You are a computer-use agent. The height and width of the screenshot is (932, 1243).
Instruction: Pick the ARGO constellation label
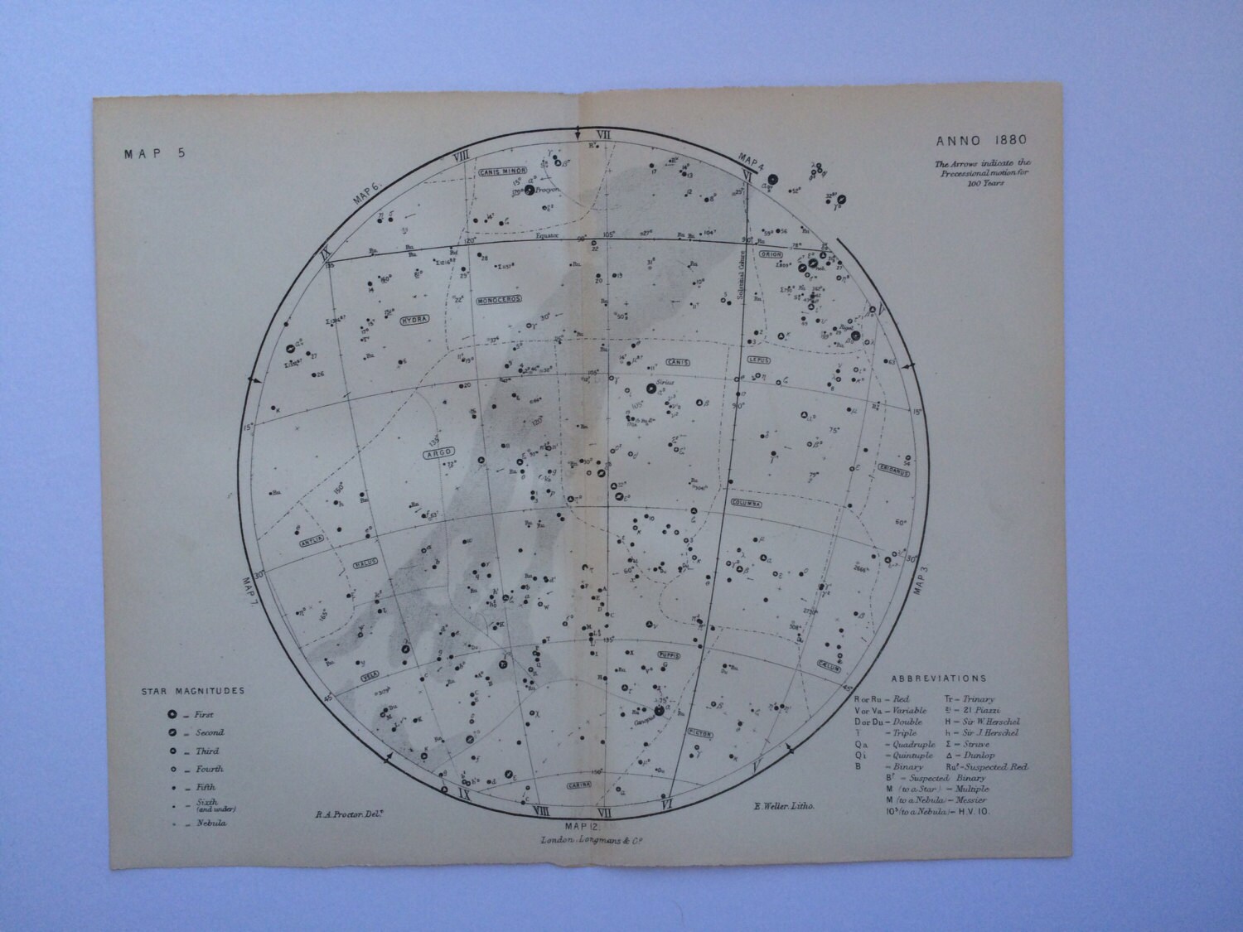pyautogui.click(x=438, y=452)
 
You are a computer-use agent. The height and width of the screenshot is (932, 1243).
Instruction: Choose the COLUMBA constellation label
pyautogui.click(x=746, y=502)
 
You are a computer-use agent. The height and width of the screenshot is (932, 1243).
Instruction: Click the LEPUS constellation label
pyautogui.click(x=757, y=360)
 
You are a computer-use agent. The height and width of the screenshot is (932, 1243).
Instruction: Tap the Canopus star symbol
pyautogui.click(x=660, y=710)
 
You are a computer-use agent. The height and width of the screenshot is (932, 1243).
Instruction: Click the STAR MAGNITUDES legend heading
pyautogui.click(x=192, y=690)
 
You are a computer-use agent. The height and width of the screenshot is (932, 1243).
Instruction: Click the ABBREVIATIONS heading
pyautogui.click(x=939, y=678)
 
